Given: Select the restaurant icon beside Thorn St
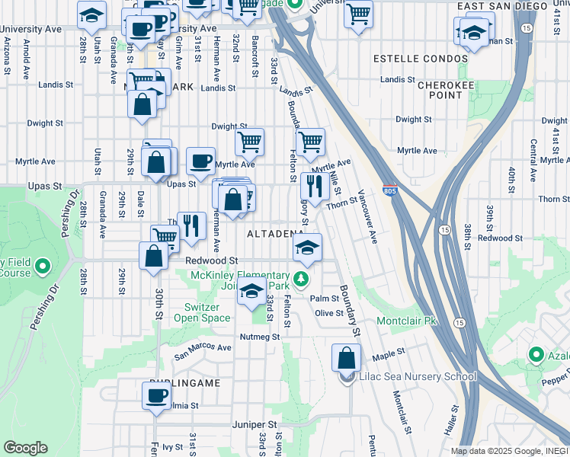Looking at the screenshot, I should pos(314,185).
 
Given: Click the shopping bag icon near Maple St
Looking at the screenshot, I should pos(347,357).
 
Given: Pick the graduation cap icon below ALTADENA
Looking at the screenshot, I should pos(307,247).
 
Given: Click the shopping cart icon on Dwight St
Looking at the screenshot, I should pos(249,141).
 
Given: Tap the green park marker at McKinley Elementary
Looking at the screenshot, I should pos(302,279).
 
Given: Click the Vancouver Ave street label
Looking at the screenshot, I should pos(367,218).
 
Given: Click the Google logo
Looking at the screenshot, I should pos(26,448).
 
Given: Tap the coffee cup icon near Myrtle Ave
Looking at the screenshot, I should pos(200,160).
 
